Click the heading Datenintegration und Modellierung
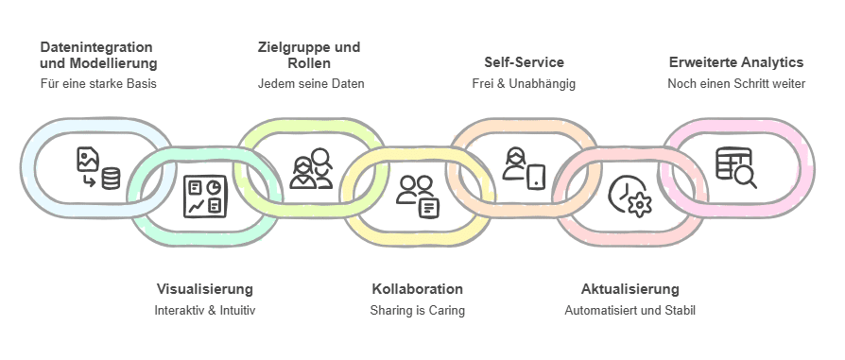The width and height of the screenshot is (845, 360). coord(98,55)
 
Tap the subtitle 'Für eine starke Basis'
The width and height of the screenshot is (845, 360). coord(98,83)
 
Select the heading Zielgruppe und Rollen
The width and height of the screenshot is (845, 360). coord(310,55)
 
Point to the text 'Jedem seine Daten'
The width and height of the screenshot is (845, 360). coord(310,83)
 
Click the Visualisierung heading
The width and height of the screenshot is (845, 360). coord(204,289)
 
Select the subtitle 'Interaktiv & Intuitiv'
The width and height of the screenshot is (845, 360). coord(204,310)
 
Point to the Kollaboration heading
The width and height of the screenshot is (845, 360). coord(417,289)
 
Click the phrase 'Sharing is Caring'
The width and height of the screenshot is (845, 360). coord(417,310)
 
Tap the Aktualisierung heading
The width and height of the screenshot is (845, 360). coord(629,289)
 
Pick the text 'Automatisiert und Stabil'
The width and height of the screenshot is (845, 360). coord(629,310)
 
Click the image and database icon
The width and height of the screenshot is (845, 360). coord(98,167)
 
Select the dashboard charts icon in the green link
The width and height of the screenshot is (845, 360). coord(204,196)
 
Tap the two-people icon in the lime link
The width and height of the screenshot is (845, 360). coord(311,167)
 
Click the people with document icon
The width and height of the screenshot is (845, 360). coord(417,196)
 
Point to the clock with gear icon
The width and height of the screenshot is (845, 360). coord(629,196)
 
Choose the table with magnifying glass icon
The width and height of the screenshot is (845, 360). coord(735,167)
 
